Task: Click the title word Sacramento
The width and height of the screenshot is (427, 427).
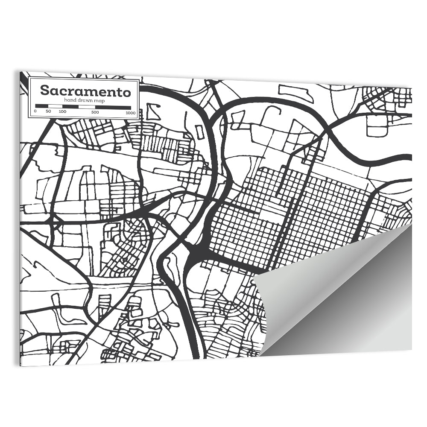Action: pos(85,91)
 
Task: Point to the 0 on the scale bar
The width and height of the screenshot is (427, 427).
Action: pos(35,112)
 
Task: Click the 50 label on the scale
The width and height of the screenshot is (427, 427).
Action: pos(48,112)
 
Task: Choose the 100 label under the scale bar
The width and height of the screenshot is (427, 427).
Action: pos(62,112)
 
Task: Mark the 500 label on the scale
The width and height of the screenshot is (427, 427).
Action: pos(95,112)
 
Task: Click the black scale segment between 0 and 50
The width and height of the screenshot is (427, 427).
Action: pos(42,106)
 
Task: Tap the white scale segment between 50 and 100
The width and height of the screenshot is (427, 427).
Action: pos(55,106)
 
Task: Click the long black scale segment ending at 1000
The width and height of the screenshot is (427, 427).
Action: pos(113,106)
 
